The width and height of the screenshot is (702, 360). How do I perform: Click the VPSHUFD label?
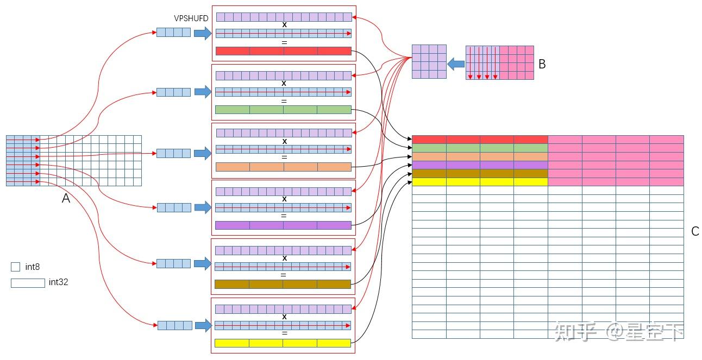(191, 18)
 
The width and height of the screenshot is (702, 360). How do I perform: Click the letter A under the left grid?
(66, 198)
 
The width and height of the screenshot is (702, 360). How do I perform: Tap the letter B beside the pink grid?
(542, 64)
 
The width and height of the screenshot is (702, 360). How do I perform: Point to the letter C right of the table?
(695, 231)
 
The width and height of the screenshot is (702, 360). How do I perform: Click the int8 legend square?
(15, 267)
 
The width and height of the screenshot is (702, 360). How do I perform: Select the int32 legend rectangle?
(28, 283)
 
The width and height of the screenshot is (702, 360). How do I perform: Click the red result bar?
(284, 51)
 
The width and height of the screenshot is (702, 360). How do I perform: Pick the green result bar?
(283, 110)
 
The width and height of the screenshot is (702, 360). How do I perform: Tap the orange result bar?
(284, 167)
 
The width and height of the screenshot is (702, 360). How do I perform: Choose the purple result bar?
(283, 225)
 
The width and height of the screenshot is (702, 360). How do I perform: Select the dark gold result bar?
(283, 284)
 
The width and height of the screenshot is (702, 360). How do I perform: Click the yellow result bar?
(283, 343)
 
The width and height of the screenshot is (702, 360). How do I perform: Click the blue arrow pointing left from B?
(456, 64)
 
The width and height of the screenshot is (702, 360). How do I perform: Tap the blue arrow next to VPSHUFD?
(203, 33)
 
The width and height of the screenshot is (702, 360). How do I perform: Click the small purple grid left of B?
(429, 61)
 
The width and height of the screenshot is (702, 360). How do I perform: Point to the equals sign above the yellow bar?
(285, 333)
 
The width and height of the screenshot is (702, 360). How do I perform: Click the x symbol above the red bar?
(284, 25)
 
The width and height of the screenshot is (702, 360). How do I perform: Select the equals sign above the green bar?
(284, 101)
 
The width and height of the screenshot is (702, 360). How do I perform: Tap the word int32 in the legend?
(58, 282)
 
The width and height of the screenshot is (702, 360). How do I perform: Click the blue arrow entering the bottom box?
(204, 326)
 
